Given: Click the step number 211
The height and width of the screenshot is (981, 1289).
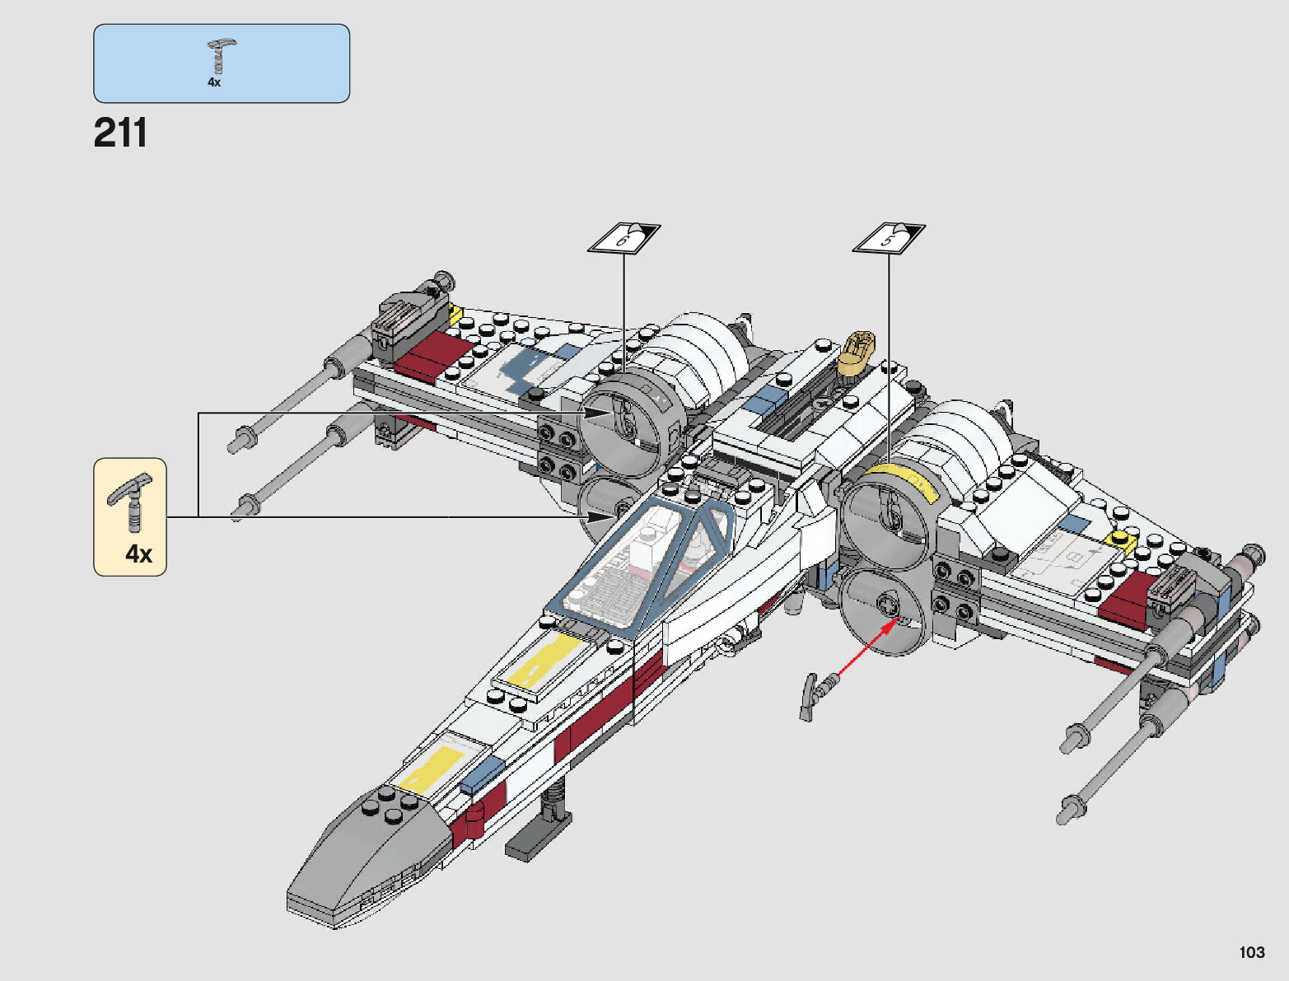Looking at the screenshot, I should pos(120,133).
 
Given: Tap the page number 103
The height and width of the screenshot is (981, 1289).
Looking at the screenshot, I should pos(1251,952).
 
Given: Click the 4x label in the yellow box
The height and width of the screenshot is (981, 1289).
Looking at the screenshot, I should pos(138,554).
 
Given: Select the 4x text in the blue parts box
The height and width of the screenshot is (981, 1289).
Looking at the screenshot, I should pos(214,82).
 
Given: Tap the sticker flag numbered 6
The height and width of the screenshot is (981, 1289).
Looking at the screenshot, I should pos(623,239).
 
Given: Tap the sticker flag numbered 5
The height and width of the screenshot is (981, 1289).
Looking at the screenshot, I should pos(888,239).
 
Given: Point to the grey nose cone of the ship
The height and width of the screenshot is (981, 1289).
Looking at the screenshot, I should pos(362,857).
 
